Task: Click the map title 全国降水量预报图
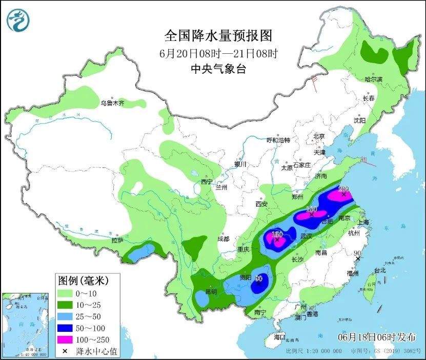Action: coord(218,35)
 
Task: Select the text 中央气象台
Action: coord(218,69)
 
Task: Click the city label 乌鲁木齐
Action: coord(112,103)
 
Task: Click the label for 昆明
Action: coord(211,292)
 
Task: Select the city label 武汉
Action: coord(307,237)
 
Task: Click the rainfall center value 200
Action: coord(343,189)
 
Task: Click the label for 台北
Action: coord(379,270)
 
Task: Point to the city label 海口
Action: coord(279,337)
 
